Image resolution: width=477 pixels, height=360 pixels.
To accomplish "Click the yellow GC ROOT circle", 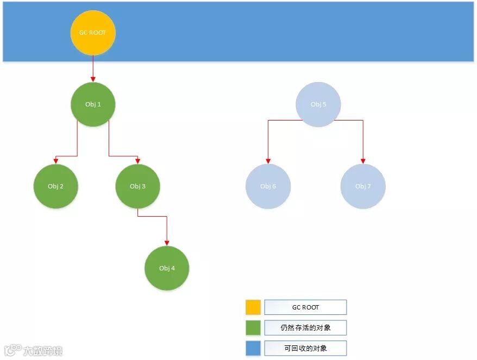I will click(93, 33).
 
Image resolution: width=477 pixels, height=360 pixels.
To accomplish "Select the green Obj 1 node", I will click(93, 104).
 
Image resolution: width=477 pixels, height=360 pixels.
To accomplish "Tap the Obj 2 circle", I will click(55, 186).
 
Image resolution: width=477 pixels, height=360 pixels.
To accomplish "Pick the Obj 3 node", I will click(137, 186).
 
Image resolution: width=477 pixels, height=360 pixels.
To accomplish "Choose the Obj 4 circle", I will click(167, 268).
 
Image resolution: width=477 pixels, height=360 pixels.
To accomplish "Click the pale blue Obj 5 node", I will click(318, 104).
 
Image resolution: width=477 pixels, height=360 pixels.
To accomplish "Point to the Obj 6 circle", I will click(268, 186).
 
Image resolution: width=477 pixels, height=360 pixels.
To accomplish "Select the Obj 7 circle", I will click(363, 186).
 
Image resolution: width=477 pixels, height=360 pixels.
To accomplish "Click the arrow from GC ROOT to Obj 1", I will click(93, 68).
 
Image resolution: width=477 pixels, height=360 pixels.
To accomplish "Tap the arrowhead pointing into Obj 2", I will click(55, 161).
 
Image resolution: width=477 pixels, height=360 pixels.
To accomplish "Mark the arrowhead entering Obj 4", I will click(167, 243).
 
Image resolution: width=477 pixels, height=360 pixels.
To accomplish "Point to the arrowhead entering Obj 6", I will click(268, 161).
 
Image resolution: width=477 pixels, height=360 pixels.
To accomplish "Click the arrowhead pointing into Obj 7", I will click(363, 161).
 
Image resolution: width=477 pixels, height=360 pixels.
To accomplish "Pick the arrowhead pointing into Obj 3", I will click(137, 161).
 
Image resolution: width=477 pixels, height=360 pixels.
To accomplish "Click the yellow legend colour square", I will click(253, 307).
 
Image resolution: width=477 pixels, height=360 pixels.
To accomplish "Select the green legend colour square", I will click(253, 327).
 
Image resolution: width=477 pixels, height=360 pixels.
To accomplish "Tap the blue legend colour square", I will click(253, 348).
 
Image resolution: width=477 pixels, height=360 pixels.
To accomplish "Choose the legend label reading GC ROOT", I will click(305, 307).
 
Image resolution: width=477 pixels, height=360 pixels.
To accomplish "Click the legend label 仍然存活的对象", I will click(305, 327).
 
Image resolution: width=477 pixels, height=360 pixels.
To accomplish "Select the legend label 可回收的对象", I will click(305, 348).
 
